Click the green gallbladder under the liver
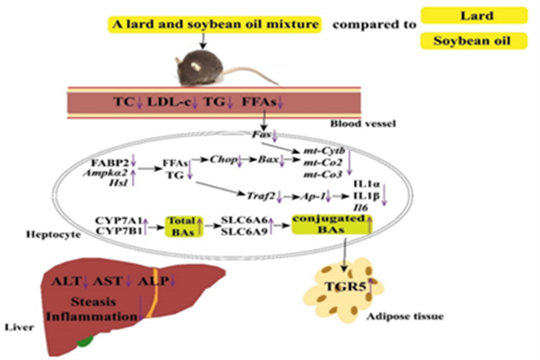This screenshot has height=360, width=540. click(85, 341)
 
